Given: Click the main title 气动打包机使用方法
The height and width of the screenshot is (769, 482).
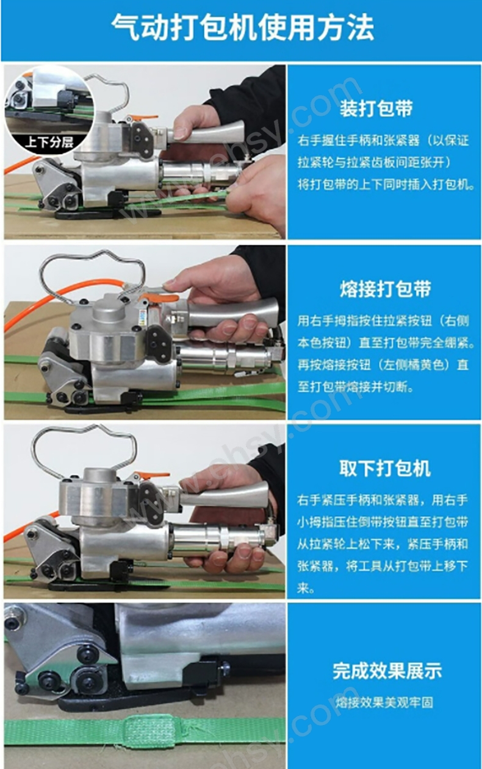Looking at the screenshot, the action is (x=242, y=27).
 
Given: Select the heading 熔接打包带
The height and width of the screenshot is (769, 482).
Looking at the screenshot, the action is (x=386, y=288).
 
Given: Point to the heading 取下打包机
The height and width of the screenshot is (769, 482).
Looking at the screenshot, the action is (x=385, y=468).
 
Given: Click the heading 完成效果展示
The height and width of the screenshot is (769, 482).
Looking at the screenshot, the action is (x=387, y=670).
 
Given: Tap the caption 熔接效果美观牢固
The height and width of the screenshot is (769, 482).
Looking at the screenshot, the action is (x=384, y=703).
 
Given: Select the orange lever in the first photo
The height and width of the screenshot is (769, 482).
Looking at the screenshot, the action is (x=142, y=118).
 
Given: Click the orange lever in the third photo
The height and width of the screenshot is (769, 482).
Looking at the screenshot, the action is (x=151, y=475).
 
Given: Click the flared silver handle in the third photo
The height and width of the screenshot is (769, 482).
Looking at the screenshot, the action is (x=223, y=494).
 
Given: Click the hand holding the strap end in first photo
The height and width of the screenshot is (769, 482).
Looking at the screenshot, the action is (x=258, y=193).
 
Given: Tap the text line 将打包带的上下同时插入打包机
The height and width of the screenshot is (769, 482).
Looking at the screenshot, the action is (x=386, y=185).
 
